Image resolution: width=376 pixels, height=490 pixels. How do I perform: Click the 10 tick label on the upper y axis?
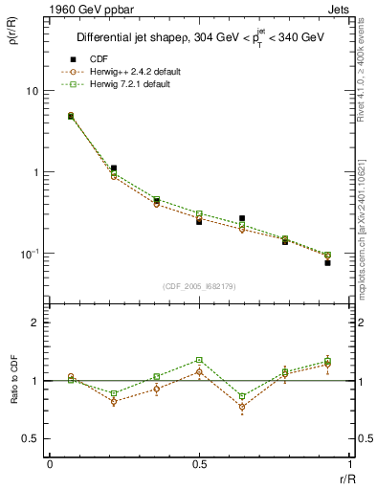click(32, 91)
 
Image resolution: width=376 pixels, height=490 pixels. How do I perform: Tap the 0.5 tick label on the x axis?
click(199, 464)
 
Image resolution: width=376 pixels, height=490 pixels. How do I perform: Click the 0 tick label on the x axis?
click(50, 464)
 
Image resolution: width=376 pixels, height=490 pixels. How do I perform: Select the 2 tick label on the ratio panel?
click(34, 323)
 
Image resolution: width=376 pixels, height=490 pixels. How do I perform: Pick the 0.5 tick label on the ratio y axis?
click(29, 438)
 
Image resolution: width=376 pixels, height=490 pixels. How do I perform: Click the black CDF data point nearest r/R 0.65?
click(242, 219)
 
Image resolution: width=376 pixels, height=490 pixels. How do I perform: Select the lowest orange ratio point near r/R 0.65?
click(242, 407)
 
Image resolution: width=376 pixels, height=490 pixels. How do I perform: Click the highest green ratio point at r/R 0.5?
click(199, 360)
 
